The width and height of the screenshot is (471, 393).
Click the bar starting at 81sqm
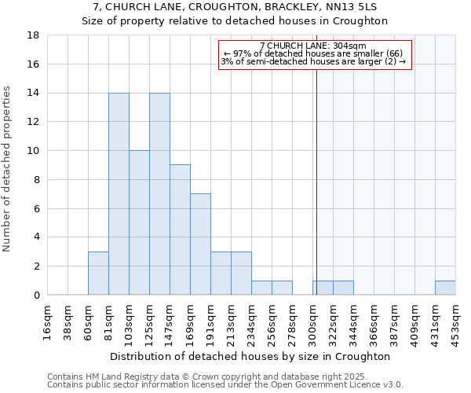(x=119, y=194)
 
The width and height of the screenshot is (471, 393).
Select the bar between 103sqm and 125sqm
(x=139, y=222)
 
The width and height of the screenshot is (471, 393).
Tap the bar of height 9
(x=180, y=230)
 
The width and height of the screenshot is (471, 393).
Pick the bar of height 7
(x=200, y=244)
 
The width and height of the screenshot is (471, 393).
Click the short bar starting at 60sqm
(x=98, y=273)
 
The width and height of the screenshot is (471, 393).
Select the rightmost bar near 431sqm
(x=445, y=288)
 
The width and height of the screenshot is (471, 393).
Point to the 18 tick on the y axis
(x=34, y=35)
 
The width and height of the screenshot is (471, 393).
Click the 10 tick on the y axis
(x=34, y=151)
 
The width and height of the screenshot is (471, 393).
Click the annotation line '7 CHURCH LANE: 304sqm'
(x=313, y=46)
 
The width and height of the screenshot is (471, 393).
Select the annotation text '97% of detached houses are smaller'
(x=313, y=53)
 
